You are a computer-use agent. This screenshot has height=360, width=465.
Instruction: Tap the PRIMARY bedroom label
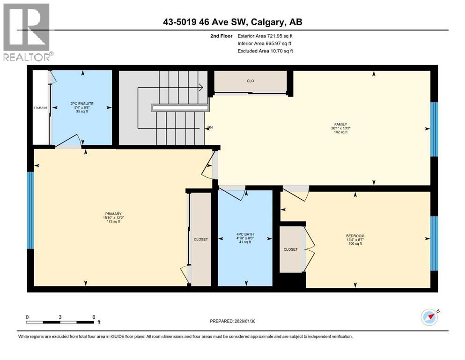(x=113, y=213)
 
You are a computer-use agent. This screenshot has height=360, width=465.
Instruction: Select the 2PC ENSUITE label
(x=81, y=103)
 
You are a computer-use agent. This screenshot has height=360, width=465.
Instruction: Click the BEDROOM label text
(x=355, y=236)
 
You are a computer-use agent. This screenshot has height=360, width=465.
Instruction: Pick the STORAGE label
(x=40, y=108)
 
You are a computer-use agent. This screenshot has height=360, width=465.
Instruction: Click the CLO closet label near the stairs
(x=251, y=81)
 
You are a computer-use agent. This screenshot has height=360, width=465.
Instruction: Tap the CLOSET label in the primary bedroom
(x=200, y=239)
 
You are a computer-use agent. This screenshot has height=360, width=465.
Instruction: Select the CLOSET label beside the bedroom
(x=290, y=249)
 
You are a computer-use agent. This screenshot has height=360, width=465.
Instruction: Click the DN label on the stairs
(x=210, y=127)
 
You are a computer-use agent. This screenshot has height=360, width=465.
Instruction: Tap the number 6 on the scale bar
(x=94, y=317)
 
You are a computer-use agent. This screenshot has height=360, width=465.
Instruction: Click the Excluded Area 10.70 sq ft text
(x=266, y=51)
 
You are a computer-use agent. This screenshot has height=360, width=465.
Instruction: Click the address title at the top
(x=233, y=22)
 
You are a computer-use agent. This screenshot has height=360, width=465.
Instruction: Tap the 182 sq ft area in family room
(x=340, y=133)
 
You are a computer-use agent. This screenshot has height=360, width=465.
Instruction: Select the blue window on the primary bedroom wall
(x=31, y=210)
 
